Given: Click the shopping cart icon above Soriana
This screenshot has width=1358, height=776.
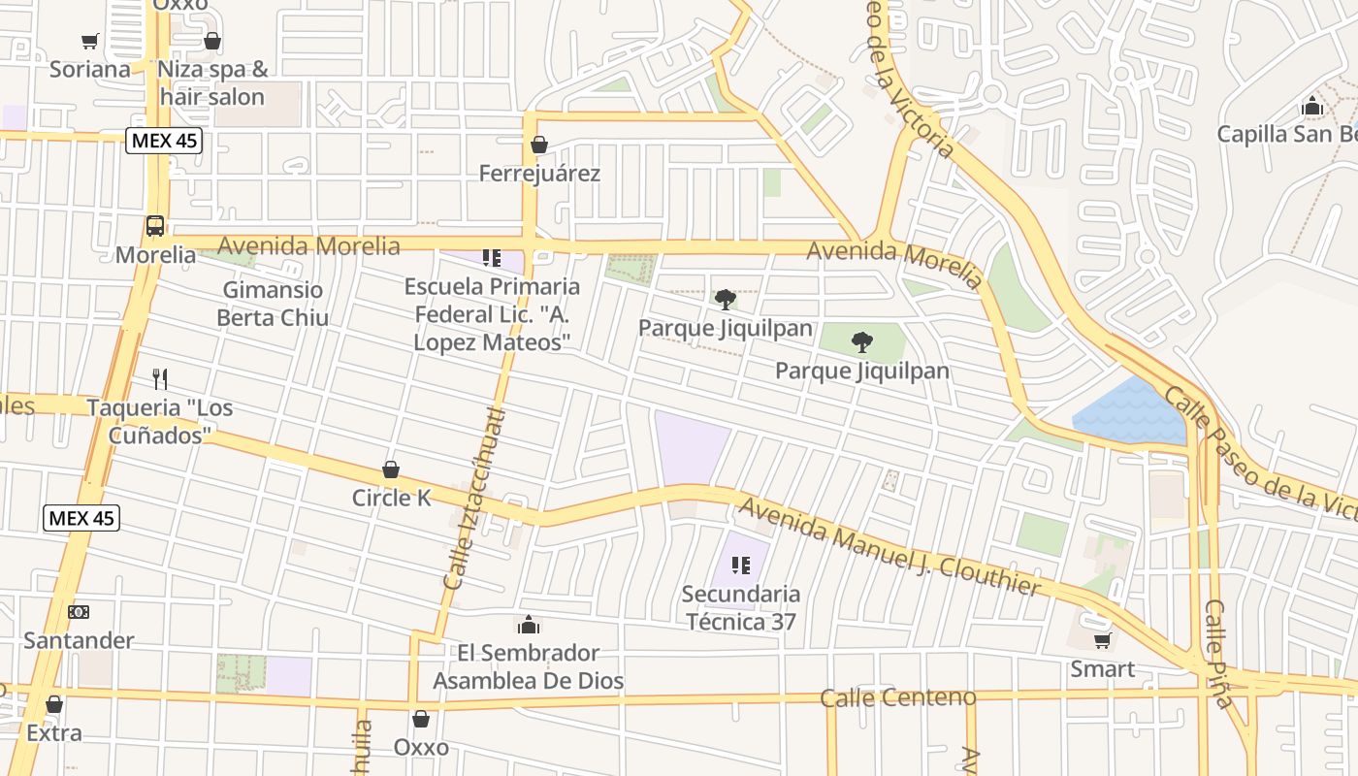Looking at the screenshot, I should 90,41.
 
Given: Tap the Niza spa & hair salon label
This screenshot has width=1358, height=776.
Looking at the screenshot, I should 212,83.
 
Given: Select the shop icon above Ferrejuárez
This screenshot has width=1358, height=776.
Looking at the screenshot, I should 539,145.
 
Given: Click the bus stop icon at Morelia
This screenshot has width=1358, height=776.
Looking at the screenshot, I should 154,226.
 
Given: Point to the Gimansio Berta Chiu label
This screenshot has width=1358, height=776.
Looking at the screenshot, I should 273,304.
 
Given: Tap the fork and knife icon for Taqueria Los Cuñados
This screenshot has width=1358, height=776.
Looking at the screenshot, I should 160,379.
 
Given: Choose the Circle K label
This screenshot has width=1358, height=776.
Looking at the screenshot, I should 391,498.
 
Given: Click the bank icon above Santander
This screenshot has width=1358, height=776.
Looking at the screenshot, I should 79,612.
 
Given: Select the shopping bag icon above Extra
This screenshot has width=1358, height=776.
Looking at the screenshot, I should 54,704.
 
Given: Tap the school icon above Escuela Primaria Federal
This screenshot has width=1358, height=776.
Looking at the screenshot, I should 492,258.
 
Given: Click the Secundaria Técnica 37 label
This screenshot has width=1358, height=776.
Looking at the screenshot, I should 741,607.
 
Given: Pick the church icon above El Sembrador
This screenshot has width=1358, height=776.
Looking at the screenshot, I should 529,624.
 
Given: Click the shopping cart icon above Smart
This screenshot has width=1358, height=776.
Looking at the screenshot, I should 1102,640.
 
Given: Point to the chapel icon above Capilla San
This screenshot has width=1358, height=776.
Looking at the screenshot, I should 1312,106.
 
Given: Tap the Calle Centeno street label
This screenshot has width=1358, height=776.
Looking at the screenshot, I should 897,697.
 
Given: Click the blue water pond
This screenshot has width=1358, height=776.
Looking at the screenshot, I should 1130,412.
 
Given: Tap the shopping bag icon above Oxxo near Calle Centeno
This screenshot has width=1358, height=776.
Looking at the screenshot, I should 421,719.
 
